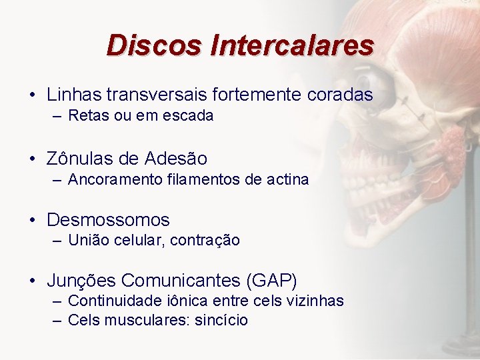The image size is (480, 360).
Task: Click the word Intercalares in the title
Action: click(291, 45)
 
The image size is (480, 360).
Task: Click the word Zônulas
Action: click(78, 159)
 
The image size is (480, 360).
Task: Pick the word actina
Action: click(287, 179)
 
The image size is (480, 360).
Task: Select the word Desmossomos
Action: click(108, 220)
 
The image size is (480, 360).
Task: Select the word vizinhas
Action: click(316, 301)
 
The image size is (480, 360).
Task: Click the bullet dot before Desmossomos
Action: click(33, 220)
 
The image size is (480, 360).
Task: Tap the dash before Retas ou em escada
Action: click(57, 116)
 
